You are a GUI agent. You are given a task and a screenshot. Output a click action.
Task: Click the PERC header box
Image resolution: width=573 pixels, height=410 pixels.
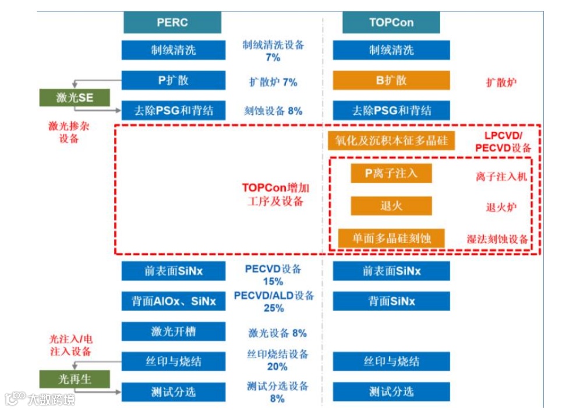click(x=172, y=23)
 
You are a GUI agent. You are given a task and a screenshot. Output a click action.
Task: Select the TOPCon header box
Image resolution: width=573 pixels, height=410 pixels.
click(x=391, y=23)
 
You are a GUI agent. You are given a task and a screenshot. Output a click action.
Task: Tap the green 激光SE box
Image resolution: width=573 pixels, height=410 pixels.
click(x=74, y=97)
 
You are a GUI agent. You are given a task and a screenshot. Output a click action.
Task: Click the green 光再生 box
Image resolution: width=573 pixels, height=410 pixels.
click(x=74, y=379)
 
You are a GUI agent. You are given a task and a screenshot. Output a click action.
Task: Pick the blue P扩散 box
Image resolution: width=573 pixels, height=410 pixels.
click(x=173, y=80)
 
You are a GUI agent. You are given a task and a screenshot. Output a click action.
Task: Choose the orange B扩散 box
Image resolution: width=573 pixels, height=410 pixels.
click(x=391, y=80)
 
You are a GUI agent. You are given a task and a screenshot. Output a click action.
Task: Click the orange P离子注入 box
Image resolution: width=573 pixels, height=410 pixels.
click(x=391, y=173)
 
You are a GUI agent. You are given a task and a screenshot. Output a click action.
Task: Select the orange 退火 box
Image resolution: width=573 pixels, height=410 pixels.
click(x=391, y=206)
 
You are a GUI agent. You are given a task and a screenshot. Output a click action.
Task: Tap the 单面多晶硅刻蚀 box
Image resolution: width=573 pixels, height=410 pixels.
click(x=391, y=238)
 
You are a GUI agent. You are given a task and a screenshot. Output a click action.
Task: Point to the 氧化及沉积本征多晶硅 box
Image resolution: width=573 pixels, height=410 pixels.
click(x=391, y=141)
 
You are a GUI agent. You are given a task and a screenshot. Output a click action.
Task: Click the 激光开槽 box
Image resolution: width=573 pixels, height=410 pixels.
click(x=173, y=331)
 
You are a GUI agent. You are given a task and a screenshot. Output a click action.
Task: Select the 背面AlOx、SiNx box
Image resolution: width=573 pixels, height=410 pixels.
click(x=173, y=301)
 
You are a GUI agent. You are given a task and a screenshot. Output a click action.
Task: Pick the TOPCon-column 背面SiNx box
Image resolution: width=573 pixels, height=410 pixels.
click(x=391, y=301)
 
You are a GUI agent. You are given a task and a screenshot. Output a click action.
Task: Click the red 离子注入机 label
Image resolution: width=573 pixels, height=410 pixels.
click(x=501, y=176)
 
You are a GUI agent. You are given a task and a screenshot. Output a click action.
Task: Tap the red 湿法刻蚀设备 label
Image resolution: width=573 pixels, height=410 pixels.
click(x=498, y=239)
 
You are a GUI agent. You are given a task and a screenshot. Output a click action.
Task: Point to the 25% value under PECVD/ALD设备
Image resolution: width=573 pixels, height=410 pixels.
click(x=273, y=308)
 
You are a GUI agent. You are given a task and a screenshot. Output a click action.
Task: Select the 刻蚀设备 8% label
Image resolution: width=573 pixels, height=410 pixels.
click(x=273, y=110)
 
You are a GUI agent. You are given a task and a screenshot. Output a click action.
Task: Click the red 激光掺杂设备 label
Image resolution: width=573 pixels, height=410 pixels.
click(x=69, y=132)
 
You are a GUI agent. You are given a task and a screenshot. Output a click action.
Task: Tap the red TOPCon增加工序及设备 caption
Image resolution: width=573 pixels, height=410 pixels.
click(x=275, y=195)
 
